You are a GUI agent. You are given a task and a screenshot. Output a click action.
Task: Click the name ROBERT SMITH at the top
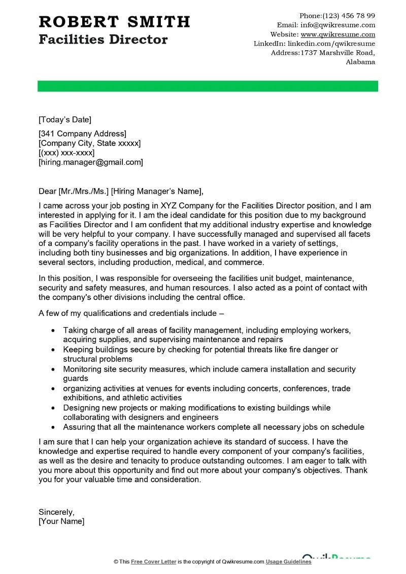click(x=114, y=22)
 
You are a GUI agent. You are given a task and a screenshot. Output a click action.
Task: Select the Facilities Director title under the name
click(x=103, y=39)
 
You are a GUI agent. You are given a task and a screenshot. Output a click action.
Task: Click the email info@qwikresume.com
click(x=338, y=25)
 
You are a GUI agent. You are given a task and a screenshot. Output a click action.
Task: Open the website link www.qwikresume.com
click(x=338, y=34)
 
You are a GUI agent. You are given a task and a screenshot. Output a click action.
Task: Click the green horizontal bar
click(x=208, y=86)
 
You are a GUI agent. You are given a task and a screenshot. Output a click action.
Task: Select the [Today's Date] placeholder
click(x=65, y=120)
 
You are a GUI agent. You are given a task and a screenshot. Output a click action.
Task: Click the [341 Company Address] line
click(x=82, y=134)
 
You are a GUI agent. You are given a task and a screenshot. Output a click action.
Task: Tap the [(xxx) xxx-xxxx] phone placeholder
click(x=66, y=153)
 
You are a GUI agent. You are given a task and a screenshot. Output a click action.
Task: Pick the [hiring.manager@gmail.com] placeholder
click(x=91, y=162)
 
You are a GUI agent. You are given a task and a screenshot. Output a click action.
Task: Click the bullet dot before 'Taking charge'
click(x=54, y=330)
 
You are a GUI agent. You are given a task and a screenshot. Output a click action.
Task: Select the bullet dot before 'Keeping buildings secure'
click(x=54, y=350)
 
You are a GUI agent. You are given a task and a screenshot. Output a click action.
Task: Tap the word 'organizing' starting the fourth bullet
click(x=82, y=388)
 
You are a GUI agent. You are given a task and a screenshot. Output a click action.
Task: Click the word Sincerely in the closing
click(x=56, y=512)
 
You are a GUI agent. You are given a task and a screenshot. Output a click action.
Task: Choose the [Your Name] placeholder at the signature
click(x=61, y=521)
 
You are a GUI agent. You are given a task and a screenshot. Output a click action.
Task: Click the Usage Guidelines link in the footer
click(x=289, y=562)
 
